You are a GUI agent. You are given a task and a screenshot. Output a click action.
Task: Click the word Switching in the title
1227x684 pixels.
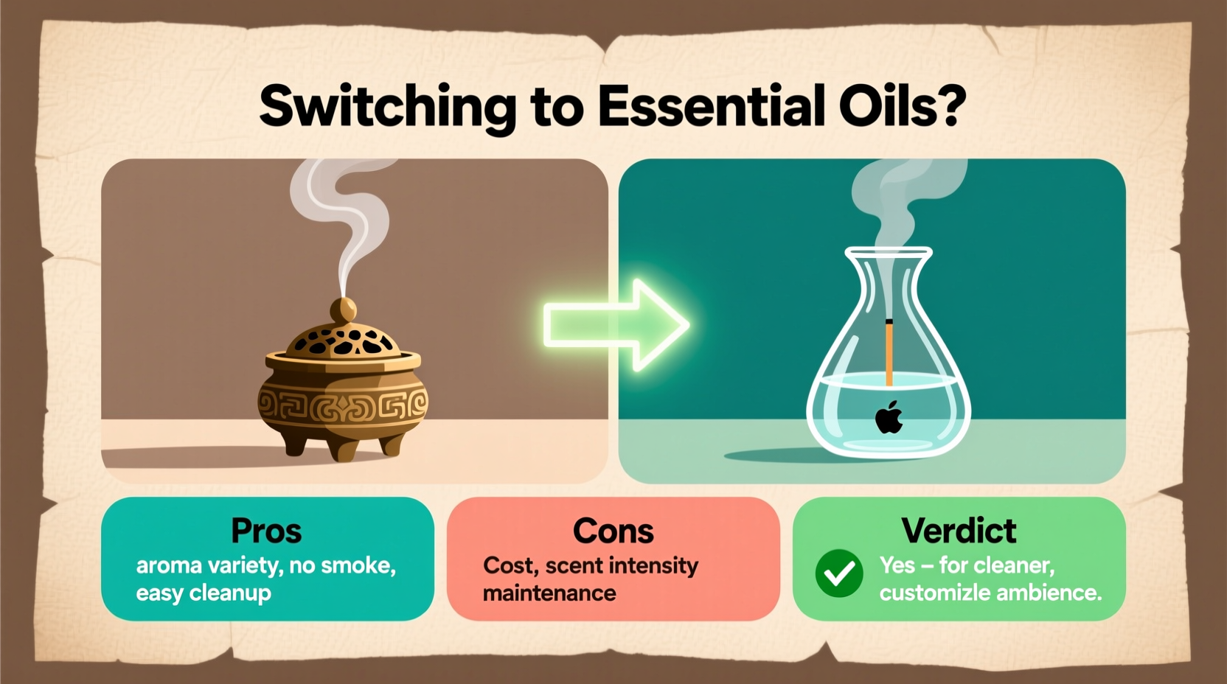click(x=387, y=107)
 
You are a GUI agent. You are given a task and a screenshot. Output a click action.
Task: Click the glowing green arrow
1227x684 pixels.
click(x=616, y=324)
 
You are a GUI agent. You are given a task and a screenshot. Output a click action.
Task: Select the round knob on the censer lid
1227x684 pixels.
click(x=342, y=310)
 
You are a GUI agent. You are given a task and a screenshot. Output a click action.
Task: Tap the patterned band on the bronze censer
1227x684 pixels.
click(x=343, y=405)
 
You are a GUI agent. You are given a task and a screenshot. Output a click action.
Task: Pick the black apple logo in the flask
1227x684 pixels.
click(x=889, y=417)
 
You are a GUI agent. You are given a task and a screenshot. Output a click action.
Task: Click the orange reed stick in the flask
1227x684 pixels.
click(x=889, y=354)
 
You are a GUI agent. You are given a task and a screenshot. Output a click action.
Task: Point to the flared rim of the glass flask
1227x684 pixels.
click(x=889, y=254)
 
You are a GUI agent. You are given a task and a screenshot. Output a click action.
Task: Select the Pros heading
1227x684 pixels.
click(x=266, y=531)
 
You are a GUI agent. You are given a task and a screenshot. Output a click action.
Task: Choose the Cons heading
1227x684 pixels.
click(x=613, y=531)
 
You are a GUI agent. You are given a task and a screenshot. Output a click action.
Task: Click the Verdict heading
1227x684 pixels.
click(x=959, y=531)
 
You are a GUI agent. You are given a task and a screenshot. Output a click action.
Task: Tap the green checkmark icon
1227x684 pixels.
click(x=839, y=573)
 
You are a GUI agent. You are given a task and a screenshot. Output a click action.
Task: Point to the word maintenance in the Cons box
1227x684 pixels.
click(x=549, y=593)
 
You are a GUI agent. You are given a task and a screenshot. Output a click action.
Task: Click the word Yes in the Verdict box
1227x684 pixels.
click(x=897, y=565)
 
